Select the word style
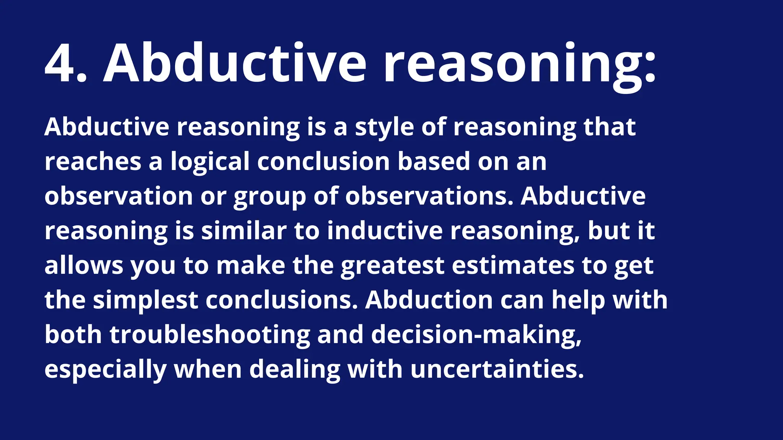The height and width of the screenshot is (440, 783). pyautogui.click(x=384, y=128)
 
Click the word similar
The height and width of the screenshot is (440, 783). pyautogui.click(x=244, y=231)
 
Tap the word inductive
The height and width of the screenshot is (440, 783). pyautogui.click(x=385, y=231)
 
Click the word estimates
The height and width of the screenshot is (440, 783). pyautogui.click(x=513, y=265)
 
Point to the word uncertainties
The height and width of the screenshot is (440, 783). pyautogui.click(x=497, y=369)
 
